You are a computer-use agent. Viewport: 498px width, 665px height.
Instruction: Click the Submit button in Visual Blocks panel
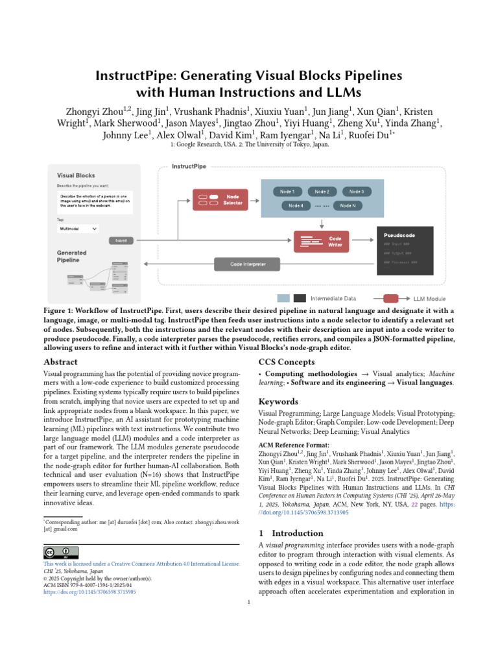121,240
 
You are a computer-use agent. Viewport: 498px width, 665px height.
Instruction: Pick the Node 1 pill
287,192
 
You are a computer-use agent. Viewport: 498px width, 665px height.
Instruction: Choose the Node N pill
348,206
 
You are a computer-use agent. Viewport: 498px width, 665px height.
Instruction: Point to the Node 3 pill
356,192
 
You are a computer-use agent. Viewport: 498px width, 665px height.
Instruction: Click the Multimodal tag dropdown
78,229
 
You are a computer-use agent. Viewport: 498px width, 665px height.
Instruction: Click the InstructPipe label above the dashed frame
189,167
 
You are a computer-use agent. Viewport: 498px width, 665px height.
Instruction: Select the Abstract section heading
60,362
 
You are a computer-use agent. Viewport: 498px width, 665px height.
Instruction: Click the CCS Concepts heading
287,362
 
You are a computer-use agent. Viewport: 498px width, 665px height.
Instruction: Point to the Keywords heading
279,401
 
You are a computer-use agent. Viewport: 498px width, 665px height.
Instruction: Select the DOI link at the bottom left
89,592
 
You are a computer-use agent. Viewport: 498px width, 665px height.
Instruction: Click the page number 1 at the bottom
249,603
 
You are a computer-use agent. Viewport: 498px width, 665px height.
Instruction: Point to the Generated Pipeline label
71,256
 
